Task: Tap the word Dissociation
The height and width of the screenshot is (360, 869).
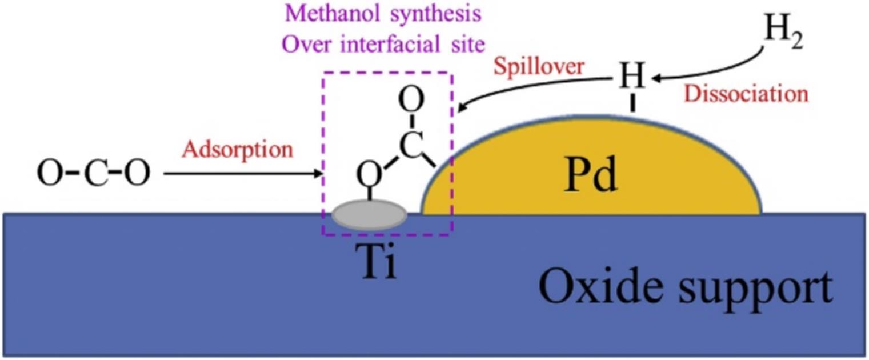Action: (x=747, y=94)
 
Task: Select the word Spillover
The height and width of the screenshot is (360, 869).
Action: (x=539, y=67)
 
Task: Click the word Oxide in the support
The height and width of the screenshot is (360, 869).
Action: (x=596, y=287)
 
